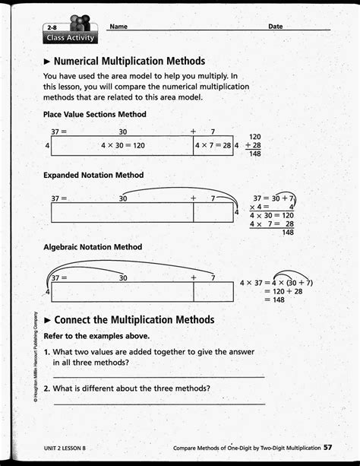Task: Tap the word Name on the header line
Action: (118, 27)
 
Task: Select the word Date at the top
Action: (275, 27)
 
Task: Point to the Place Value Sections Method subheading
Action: (95, 115)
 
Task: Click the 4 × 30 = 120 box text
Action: (122, 144)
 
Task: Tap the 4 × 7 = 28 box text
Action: (213, 144)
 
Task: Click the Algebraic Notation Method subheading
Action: (93, 247)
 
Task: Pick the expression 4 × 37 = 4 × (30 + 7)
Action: (276, 283)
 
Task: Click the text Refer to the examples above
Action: (96, 336)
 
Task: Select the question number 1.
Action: (46, 353)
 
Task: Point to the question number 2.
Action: (46, 389)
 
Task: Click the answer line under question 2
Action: (159, 404)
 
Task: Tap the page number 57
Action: (327, 448)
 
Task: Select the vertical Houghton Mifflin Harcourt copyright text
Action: (35, 361)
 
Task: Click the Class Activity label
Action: (70, 37)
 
